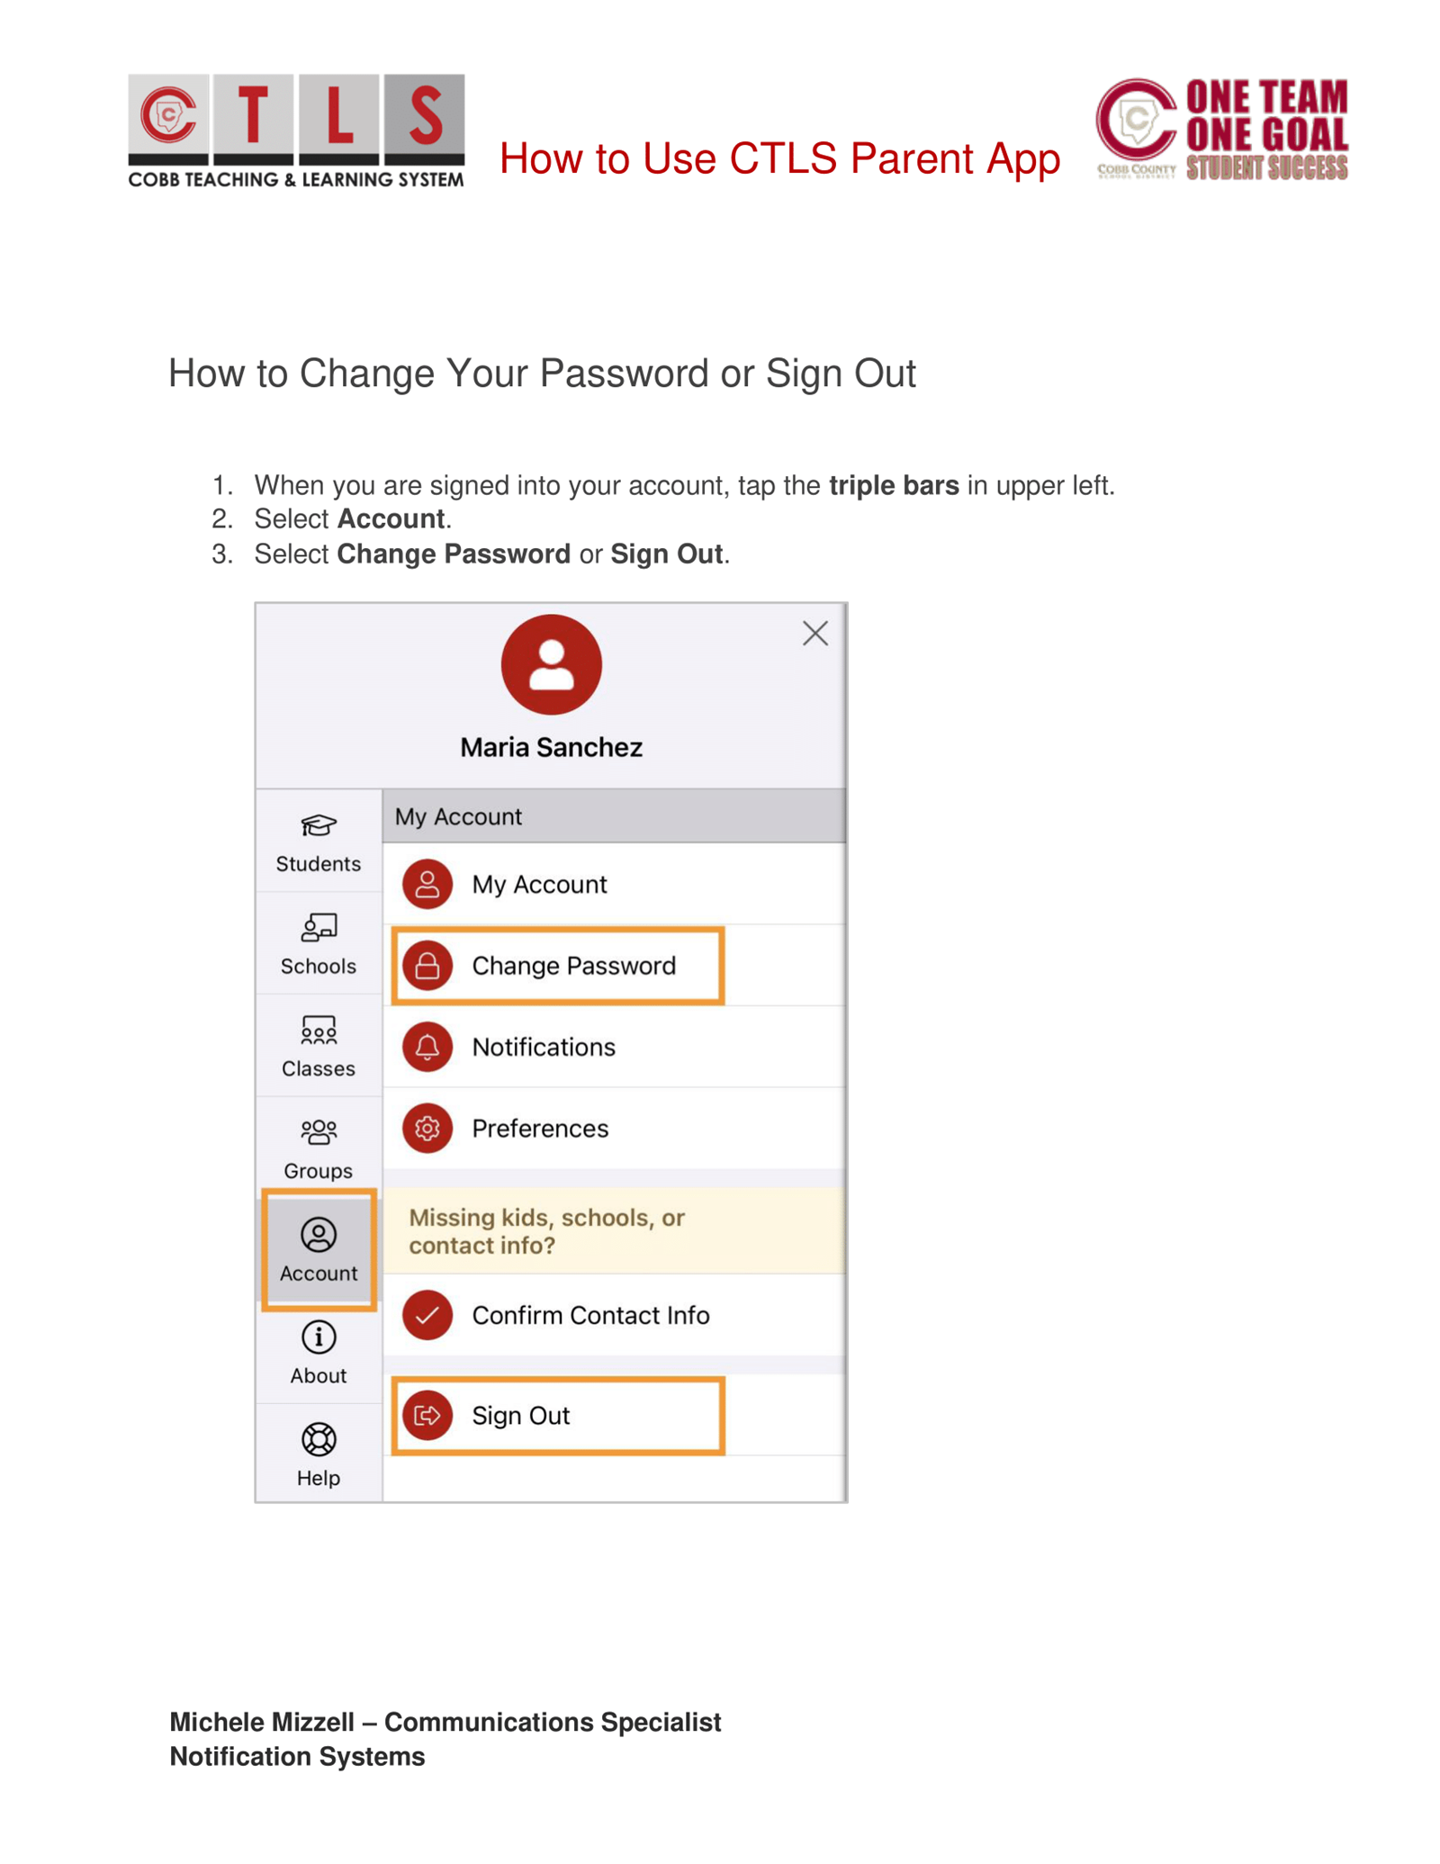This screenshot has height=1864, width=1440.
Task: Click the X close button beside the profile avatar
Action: (x=814, y=634)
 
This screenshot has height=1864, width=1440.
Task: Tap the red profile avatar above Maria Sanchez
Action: (x=551, y=664)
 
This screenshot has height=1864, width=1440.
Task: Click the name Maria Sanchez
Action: (x=551, y=747)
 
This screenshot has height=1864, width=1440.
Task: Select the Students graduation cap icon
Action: (x=319, y=825)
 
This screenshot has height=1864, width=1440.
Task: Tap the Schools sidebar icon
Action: (x=319, y=928)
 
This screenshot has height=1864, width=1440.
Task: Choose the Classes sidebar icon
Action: (x=319, y=1031)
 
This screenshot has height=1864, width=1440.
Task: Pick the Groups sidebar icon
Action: (x=319, y=1132)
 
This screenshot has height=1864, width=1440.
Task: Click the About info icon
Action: (x=319, y=1337)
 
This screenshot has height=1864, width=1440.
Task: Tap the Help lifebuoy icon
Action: (x=319, y=1439)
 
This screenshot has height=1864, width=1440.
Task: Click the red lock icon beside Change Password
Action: (x=427, y=966)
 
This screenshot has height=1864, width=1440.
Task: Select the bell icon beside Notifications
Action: (x=427, y=1047)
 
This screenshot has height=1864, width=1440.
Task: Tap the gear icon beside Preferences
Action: (x=427, y=1128)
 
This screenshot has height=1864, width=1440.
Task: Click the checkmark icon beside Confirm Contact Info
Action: (x=427, y=1315)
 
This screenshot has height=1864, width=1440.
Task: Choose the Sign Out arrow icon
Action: (x=427, y=1415)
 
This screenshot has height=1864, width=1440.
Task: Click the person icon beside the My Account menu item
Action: (x=427, y=884)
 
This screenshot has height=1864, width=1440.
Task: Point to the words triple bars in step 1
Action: (x=893, y=486)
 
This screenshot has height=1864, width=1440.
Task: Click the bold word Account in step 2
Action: (x=391, y=519)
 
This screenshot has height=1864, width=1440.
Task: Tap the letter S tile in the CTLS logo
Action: (x=424, y=115)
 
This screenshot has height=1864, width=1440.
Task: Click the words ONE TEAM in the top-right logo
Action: (x=1266, y=97)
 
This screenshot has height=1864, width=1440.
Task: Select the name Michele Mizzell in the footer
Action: (x=262, y=1722)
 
